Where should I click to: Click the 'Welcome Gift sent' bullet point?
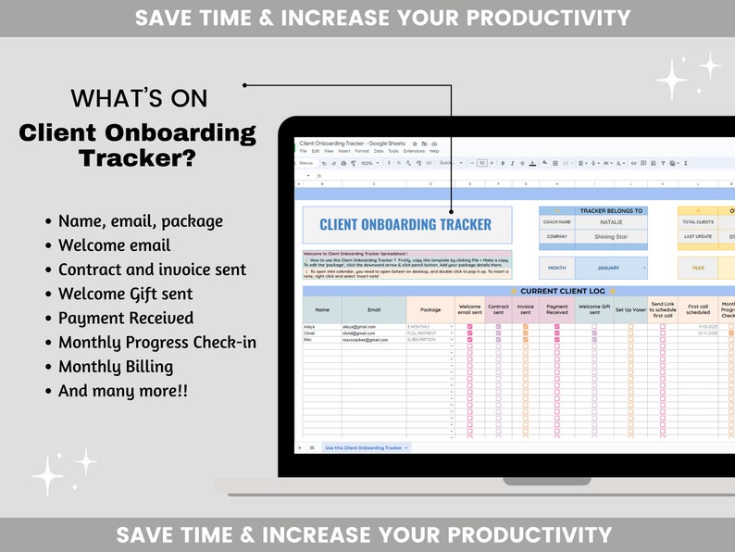click(x=125, y=294)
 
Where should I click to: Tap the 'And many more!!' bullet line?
click(x=122, y=390)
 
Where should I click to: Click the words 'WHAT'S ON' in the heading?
click(x=139, y=98)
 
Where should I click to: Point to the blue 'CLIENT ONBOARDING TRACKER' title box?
click(x=406, y=224)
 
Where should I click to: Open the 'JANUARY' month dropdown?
click(x=611, y=269)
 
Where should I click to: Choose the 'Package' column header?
click(x=430, y=310)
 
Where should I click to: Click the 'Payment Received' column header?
click(x=556, y=310)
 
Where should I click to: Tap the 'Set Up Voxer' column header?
click(x=630, y=310)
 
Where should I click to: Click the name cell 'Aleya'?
click(x=309, y=327)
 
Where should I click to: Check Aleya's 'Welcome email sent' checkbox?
click(x=469, y=327)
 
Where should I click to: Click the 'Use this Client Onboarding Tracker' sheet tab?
click(x=364, y=447)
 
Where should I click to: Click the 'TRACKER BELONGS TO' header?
click(x=611, y=211)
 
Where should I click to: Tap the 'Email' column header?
click(x=373, y=310)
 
